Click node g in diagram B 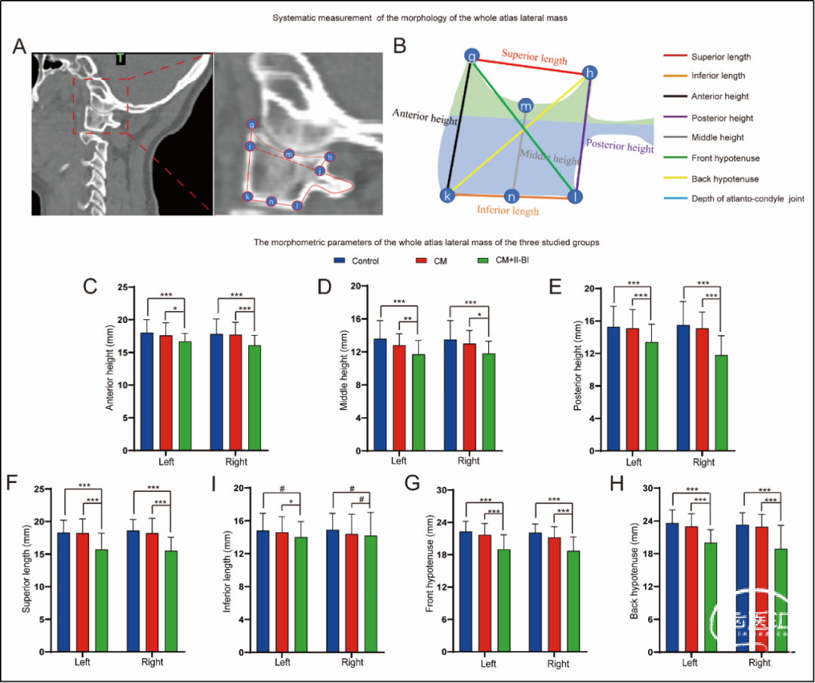(472, 56)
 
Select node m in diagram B (525, 106)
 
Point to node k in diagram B (447, 195)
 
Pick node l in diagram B (574, 197)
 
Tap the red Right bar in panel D (469, 397)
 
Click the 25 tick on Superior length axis (48, 490)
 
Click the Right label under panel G (558, 664)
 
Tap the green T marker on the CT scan (120, 58)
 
